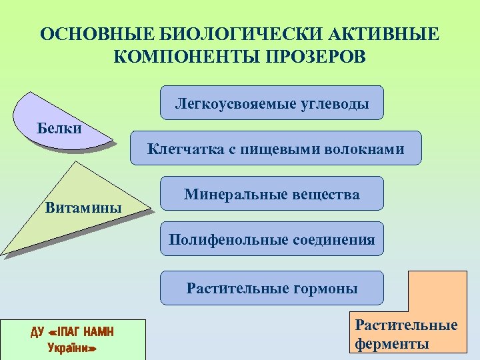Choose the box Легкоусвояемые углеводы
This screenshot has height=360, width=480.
pyautogui.click(x=272, y=103)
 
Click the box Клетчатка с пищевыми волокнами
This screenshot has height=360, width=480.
pyautogui.click(x=275, y=148)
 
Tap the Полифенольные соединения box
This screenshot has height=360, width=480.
pyautogui.click(x=272, y=239)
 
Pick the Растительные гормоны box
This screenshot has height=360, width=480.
pyautogui.click(x=272, y=288)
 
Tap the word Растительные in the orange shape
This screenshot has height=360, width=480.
pyautogui.click(x=406, y=325)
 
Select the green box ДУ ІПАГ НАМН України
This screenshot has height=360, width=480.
pyautogui.click(x=73, y=339)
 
